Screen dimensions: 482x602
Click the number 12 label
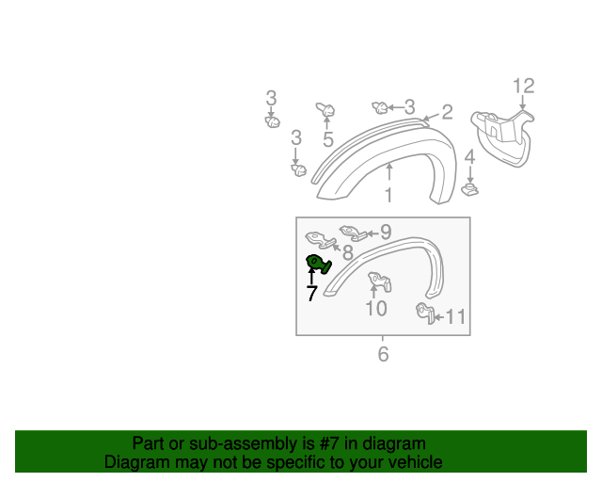point(523,87)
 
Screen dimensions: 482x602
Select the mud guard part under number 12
point(504,137)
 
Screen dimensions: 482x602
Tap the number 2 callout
point(447,113)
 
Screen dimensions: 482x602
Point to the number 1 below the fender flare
point(388,196)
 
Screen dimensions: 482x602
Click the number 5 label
point(328,140)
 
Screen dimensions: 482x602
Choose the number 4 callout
point(470,149)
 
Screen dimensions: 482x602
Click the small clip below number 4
point(470,190)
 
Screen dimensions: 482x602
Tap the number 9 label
point(386,232)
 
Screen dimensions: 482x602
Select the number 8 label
point(347,252)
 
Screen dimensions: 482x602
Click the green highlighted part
point(317,265)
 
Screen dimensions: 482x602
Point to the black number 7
point(311,294)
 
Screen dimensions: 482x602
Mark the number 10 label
point(375,308)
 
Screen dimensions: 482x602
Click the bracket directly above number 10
point(379,281)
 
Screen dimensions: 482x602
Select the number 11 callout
point(455,317)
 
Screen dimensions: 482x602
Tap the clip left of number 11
point(424,313)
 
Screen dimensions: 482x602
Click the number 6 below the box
point(383,354)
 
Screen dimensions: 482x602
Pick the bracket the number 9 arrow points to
point(354,232)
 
